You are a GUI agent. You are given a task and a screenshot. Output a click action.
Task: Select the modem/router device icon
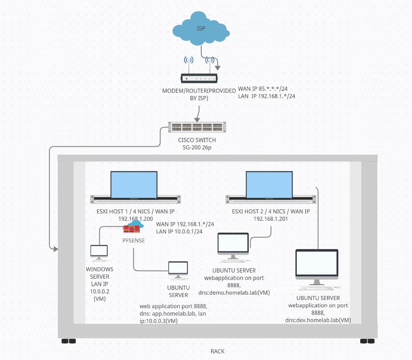click(x=199, y=79)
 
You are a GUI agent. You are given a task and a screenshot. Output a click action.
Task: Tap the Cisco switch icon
click(x=198, y=127)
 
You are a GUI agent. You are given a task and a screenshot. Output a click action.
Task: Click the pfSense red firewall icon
click(x=132, y=229)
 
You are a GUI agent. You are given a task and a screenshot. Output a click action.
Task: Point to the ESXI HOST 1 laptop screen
click(x=134, y=184)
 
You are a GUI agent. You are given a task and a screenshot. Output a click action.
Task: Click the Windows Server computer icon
click(x=99, y=252)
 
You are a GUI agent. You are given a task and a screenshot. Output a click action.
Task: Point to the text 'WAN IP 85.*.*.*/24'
click(x=263, y=88)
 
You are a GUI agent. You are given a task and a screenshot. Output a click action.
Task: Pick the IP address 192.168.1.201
click(x=271, y=219)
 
